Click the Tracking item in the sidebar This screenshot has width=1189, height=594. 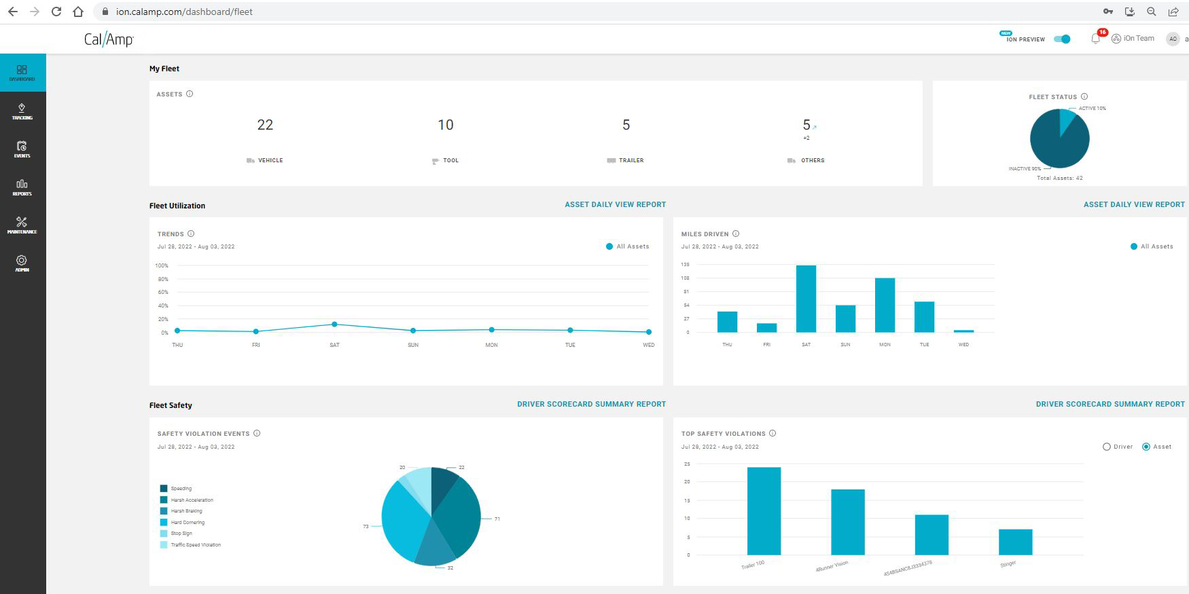pos(22,111)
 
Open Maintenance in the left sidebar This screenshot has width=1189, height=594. pos(22,225)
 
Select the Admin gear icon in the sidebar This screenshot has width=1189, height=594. pos(22,261)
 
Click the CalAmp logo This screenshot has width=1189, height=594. pos(109,39)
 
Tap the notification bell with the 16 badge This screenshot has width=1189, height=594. pos(1095,39)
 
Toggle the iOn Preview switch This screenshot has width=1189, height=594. pos(1062,39)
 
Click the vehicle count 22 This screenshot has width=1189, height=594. pos(265,125)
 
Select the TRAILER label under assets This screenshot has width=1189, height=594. pos(631,160)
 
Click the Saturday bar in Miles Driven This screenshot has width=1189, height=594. pos(806,299)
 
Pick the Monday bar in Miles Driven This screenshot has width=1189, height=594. pos(885,305)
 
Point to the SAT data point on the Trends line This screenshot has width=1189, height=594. pos(334,324)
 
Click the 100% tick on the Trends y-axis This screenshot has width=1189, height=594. pos(162,265)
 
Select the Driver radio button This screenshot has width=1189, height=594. pos(1107,447)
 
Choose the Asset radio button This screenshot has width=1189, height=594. pos(1146,447)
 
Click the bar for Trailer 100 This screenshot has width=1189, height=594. pos(764,511)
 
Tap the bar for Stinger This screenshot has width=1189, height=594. pos(1015,542)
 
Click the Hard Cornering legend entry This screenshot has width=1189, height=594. pos(188,522)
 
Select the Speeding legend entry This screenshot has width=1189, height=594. pos(181,488)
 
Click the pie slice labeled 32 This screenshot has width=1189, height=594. pos(435,549)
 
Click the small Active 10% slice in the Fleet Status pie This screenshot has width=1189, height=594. pos(1067,120)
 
